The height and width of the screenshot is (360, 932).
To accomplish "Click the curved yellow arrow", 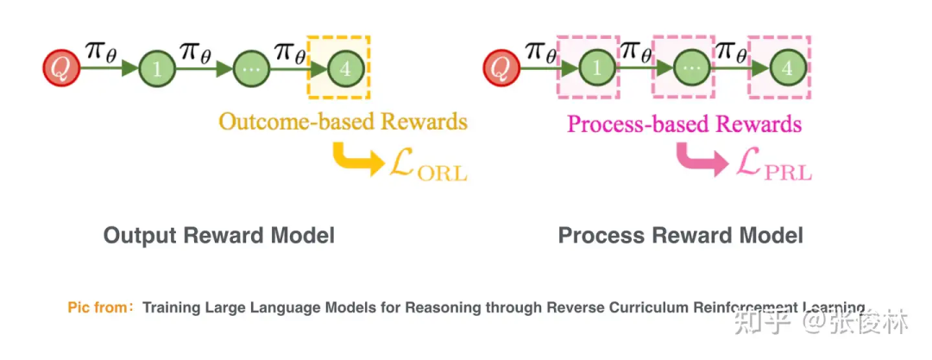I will (353, 159).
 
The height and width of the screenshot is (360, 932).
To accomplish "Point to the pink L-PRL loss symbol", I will (773, 164).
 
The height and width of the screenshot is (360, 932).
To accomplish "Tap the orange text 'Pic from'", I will (97, 307).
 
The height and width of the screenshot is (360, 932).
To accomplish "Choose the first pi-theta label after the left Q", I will (102, 51).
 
